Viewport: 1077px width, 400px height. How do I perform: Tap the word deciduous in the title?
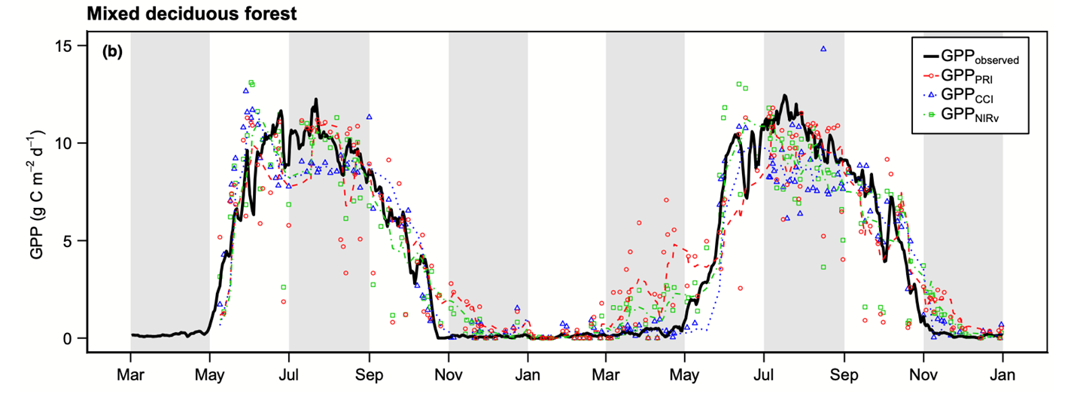point(178,13)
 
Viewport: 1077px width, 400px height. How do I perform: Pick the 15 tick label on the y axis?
point(66,46)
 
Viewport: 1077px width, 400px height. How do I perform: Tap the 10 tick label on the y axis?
point(66,143)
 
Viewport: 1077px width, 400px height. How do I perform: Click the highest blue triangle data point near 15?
point(823,48)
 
